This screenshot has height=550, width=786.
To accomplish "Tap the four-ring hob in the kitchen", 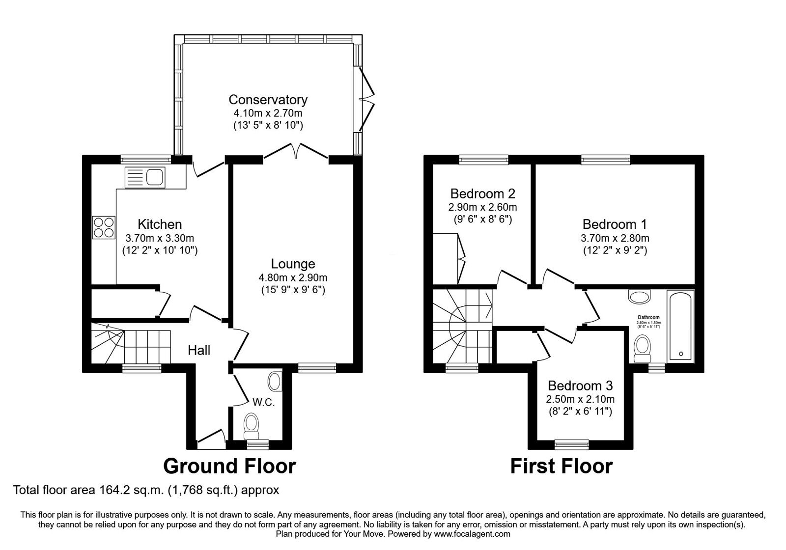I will pyautogui.click(x=104, y=227).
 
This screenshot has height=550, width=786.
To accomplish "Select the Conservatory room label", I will pyautogui.click(x=268, y=100).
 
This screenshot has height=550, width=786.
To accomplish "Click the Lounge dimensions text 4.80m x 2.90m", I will pyautogui.click(x=293, y=277).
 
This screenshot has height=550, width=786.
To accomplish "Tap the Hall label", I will pyautogui.click(x=199, y=350).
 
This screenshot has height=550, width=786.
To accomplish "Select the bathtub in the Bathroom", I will pyautogui.click(x=680, y=325).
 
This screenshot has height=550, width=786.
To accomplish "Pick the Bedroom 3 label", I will pyautogui.click(x=580, y=385).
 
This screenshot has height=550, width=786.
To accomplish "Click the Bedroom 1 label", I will pyautogui.click(x=615, y=224).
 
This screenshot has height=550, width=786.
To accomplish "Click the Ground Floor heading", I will pyautogui.click(x=229, y=466).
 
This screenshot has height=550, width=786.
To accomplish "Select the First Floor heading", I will pyautogui.click(x=561, y=466).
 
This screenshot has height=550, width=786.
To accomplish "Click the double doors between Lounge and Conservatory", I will pyautogui.click(x=295, y=150).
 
